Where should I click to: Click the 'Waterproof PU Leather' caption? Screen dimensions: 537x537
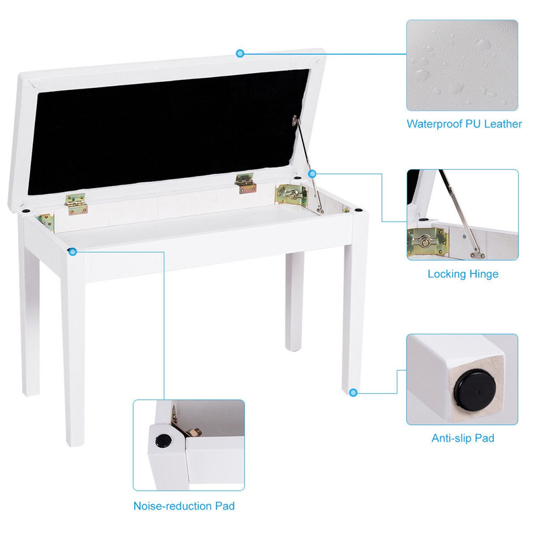click(x=464, y=124)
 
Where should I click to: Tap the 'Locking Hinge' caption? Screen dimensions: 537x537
click(x=463, y=274)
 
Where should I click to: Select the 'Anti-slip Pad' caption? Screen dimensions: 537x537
click(x=462, y=438)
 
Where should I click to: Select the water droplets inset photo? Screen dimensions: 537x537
click(x=462, y=64)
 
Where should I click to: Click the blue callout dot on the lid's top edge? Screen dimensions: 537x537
click(x=240, y=52)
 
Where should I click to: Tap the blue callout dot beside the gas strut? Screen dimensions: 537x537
click(x=312, y=174)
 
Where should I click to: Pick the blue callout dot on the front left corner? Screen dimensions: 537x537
click(x=72, y=251)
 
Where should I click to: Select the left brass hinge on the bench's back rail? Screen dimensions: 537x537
click(x=75, y=202)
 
